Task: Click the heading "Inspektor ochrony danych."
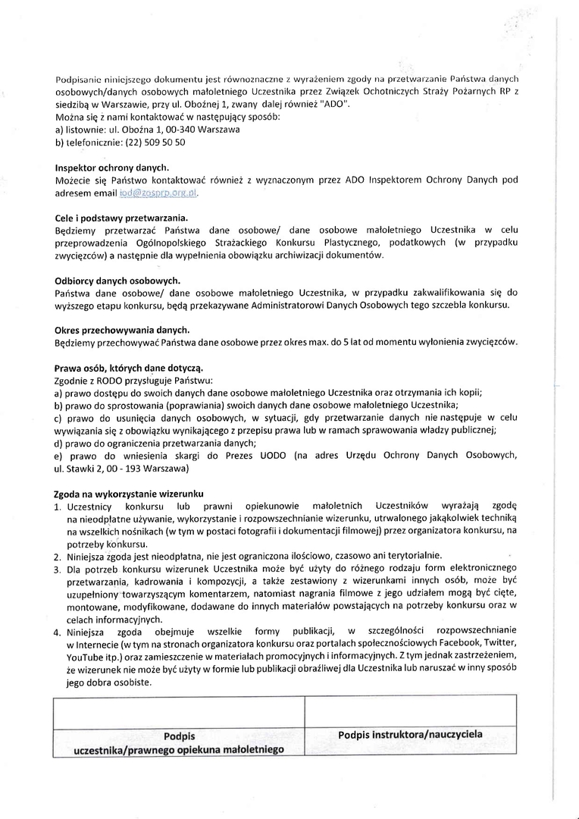112,167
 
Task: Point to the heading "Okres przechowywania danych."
122,330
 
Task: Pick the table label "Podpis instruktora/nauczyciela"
410,734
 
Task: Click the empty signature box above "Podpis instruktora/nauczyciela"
410,711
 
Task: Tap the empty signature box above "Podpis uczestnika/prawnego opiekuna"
178,711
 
